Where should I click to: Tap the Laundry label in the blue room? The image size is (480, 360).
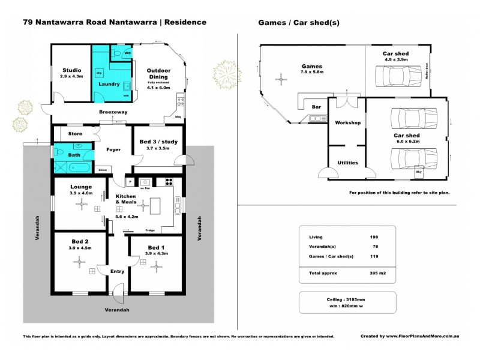(x=109, y=85)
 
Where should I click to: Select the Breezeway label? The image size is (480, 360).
(x=112, y=112)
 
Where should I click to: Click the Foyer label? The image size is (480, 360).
(x=114, y=150)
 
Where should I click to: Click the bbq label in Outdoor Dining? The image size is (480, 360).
(x=178, y=116)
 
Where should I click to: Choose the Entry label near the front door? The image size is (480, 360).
(x=118, y=271)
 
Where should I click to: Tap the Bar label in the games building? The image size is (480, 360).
(x=316, y=107)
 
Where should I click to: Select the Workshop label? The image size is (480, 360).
(x=347, y=122)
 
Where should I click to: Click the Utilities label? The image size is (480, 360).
(x=347, y=162)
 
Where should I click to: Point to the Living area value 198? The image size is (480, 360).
(x=374, y=238)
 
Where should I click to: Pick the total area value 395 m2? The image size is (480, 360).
(x=376, y=273)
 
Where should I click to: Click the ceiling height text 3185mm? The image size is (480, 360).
(x=361, y=298)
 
